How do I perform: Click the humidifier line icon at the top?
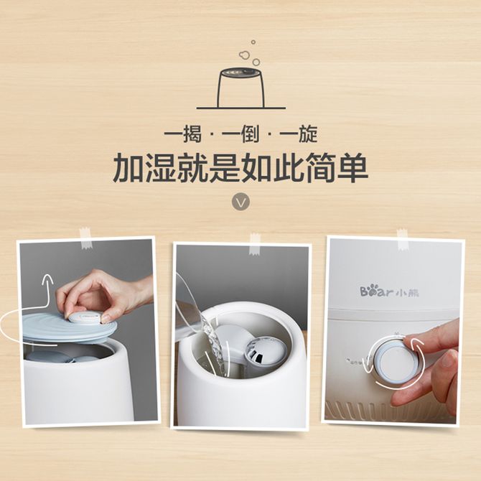coord(240,88)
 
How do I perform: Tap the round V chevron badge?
coord(240,202)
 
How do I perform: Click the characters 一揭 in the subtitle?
coord(183,134)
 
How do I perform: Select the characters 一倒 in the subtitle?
coord(240,134)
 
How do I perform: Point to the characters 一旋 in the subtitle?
coord(299,134)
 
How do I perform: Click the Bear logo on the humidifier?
coord(389,291)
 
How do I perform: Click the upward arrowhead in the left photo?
coord(47,280)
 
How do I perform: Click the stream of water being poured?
coord(216,347)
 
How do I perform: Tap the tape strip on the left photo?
coord(85,238)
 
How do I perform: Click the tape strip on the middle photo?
coord(255,244)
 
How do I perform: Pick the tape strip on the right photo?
coord(402,240)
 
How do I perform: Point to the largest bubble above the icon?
coord(244,55)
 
